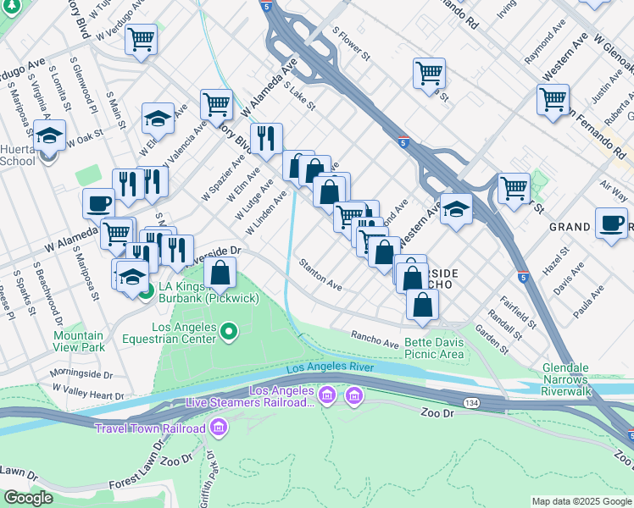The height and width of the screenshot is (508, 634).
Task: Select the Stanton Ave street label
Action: coord(320,275)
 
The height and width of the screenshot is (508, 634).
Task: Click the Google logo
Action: coord(28,498)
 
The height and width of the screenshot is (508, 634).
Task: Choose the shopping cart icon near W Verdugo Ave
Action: coord(141,39)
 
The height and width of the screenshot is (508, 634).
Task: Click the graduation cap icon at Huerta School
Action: coord(49,135)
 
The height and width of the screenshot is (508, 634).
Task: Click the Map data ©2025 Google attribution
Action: coord(581,501)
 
